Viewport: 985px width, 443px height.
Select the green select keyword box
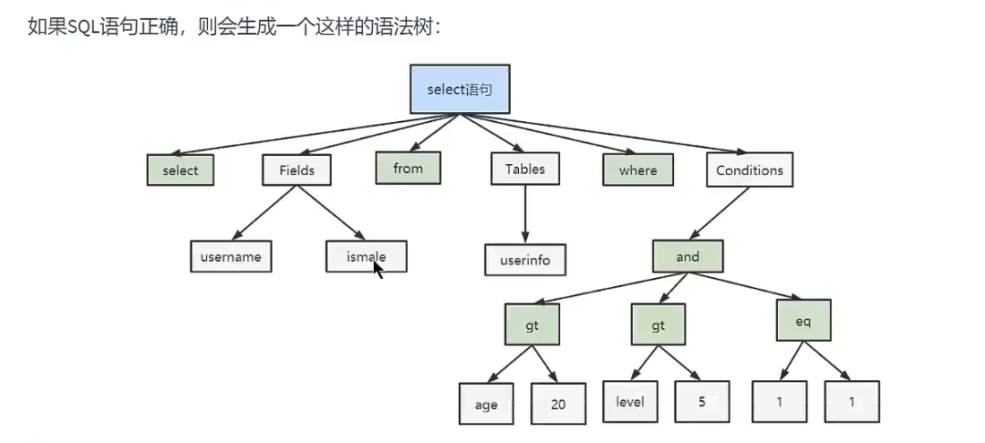click(181, 170)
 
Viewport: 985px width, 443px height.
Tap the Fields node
click(296, 170)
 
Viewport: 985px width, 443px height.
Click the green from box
click(409, 169)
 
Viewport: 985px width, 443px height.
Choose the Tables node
click(524, 170)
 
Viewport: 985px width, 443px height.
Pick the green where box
click(638, 170)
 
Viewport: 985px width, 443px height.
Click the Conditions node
click(749, 170)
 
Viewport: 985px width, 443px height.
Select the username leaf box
click(232, 257)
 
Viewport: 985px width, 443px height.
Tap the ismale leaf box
click(366, 257)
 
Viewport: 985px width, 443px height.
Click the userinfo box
click(524, 260)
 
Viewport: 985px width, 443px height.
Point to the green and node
click(688, 257)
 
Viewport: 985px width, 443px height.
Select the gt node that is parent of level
click(658, 325)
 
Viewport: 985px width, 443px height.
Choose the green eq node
click(804, 322)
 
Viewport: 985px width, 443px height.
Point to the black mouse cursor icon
click(378, 271)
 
